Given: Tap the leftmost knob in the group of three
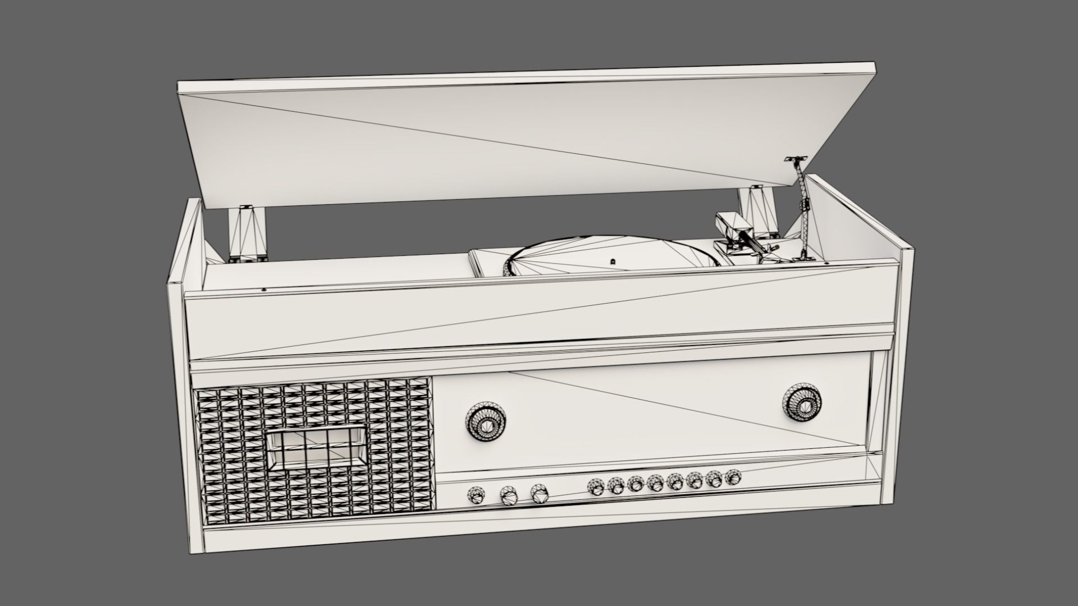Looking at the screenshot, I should (x=476, y=495).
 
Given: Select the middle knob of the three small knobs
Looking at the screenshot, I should (x=508, y=495).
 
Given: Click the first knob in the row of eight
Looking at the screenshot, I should (x=595, y=486).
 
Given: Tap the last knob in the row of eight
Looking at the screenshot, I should (x=733, y=478).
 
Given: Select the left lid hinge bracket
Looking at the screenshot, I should (x=248, y=233).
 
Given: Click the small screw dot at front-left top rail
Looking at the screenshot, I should (x=264, y=290).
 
